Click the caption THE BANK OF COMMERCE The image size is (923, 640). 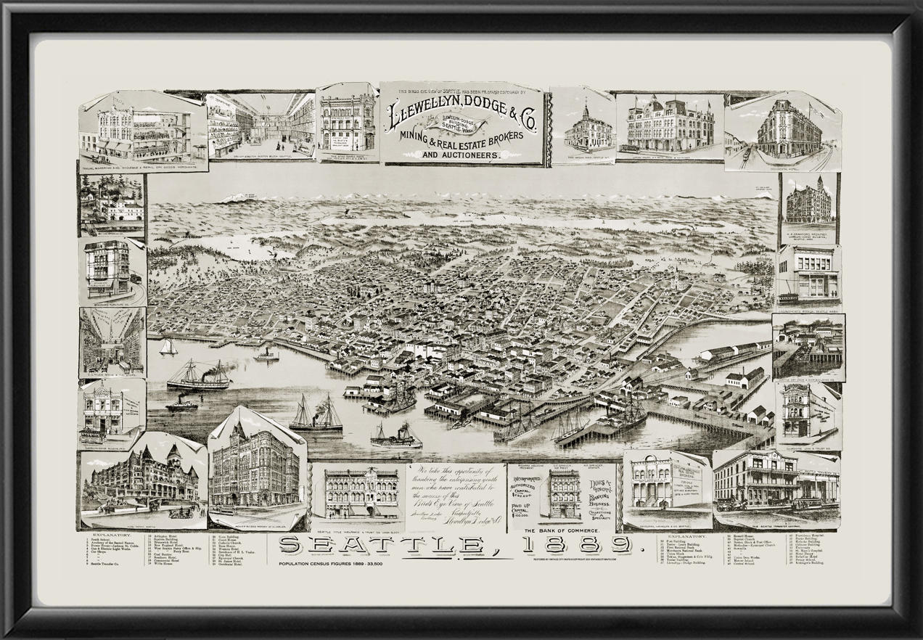(570, 531)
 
